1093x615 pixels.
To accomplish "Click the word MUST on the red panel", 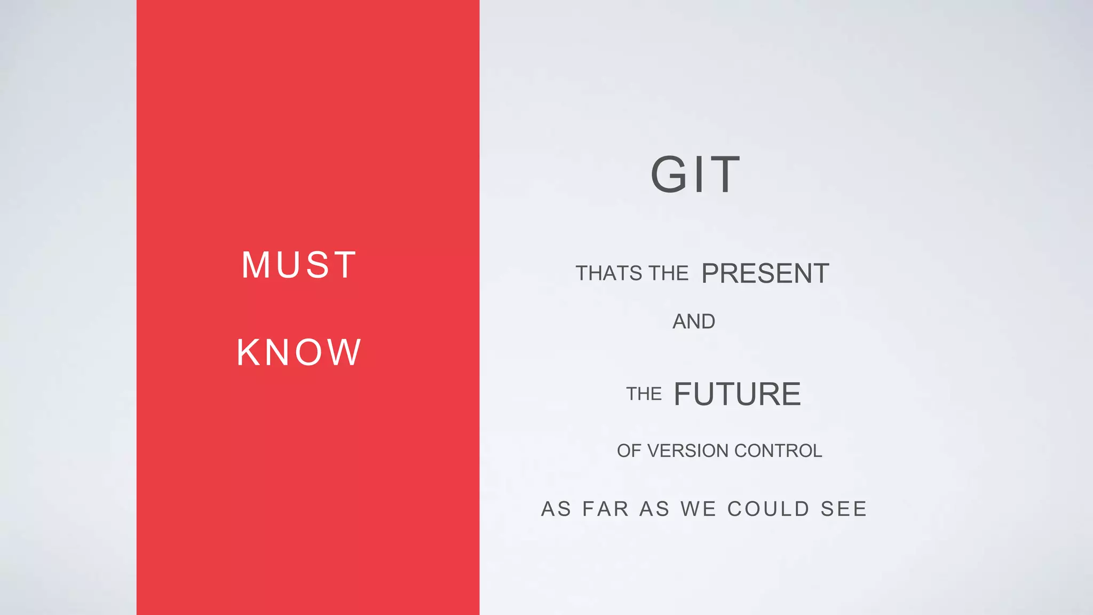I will coord(299,265).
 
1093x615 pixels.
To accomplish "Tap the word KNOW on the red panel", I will coord(299,352).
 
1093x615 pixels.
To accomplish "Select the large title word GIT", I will coord(695,175).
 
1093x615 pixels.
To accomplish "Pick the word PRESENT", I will coord(765,273).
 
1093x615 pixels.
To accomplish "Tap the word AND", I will coord(694,321).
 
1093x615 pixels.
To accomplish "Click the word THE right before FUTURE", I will coord(644,394).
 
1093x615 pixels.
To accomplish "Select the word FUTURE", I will coord(737,394).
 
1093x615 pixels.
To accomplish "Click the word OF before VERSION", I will coord(629,451).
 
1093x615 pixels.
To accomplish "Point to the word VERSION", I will coord(688,451).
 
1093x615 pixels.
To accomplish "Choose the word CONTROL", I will coord(778,451).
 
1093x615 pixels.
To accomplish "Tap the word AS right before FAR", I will coord(556,509).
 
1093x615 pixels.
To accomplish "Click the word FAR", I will coord(605,509).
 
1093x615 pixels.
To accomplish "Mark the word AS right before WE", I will coord(654,509).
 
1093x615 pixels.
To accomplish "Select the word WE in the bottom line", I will coord(698,509).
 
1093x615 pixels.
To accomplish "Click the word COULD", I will coord(769,509).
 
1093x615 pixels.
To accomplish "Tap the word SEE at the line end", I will coord(843,509).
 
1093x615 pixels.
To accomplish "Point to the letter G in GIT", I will coord(668,175).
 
